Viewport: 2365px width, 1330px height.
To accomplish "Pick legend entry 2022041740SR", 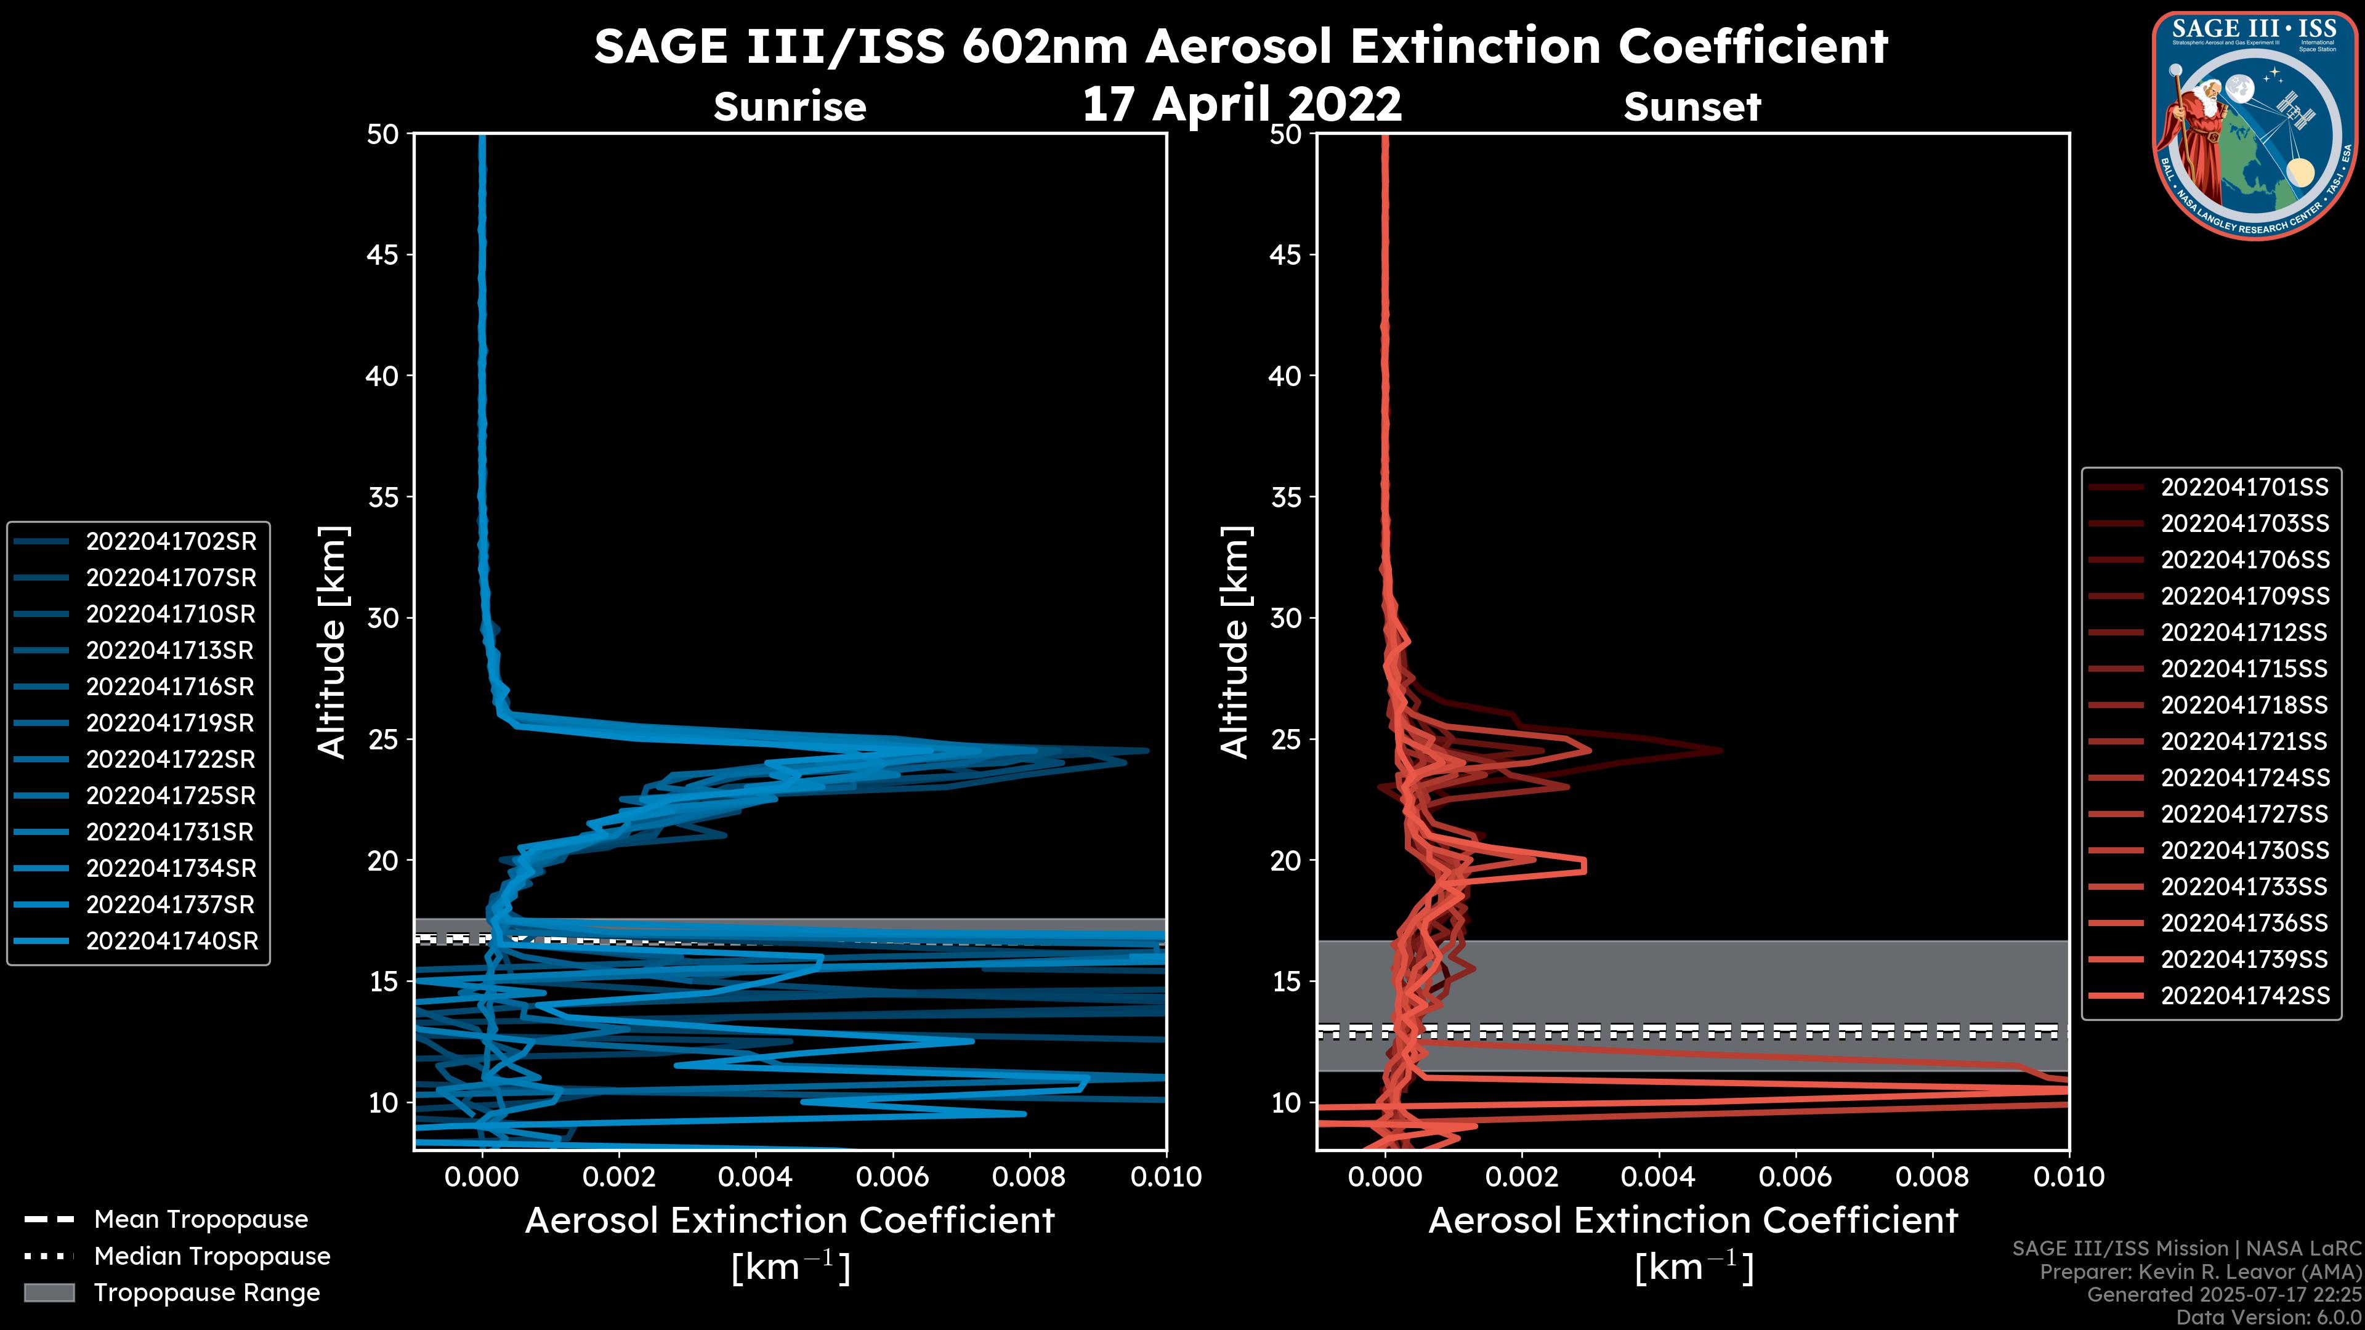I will pyautogui.click(x=172, y=941).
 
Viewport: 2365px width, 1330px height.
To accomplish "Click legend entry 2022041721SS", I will pyautogui.click(x=2244, y=741).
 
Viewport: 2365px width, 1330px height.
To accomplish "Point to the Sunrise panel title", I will pyautogui.click(x=790, y=107).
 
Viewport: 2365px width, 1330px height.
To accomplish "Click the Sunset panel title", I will pyautogui.click(x=1692, y=107).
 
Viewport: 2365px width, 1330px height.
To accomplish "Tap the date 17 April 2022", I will pyautogui.click(x=1241, y=103).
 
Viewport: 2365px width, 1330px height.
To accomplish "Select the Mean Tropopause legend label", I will pyautogui.click(x=201, y=1220).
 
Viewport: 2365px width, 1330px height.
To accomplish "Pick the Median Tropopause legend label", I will pyautogui.click(x=212, y=1257).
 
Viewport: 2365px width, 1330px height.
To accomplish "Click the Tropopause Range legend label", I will pyautogui.click(x=206, y=1293).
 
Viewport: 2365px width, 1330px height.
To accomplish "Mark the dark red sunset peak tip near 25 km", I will pyautogui.click(x=1721, y=751).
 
